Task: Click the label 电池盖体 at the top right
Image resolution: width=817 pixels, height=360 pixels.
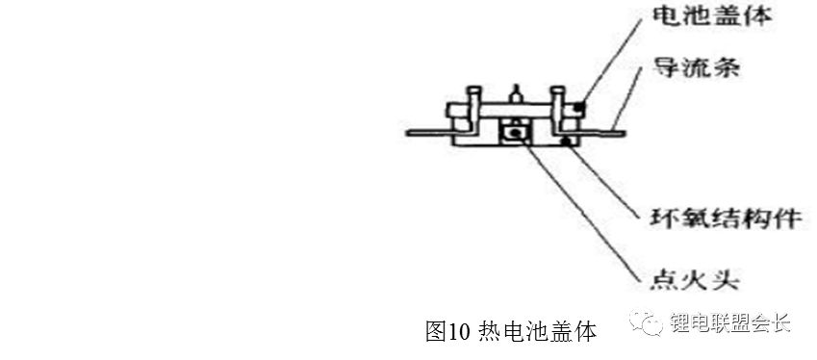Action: click(711, 17)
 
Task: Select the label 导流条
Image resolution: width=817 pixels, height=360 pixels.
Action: click(696, 67)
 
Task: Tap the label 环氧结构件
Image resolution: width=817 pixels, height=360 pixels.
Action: click(726, 218)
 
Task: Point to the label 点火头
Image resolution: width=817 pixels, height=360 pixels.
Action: click(696, 280)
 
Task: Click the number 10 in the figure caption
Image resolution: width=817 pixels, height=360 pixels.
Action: click(456, 332)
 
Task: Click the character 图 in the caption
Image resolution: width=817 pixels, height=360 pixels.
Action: click(436, 332)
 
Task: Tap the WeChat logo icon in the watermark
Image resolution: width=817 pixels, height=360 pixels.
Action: click(646, 323)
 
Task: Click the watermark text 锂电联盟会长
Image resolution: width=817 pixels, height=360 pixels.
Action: click(730, 323)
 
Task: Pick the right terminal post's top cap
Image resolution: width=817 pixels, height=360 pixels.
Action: click(557, 90)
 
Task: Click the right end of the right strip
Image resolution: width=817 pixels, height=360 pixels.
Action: click(623, 134)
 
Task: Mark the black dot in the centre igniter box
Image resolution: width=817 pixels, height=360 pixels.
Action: click(515, 134)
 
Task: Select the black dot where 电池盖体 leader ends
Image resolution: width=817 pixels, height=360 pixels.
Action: click(579, 108)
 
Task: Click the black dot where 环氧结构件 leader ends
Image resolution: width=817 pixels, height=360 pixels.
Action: click(569, 141)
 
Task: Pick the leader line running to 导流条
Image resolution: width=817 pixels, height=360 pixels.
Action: click(631, 99)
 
